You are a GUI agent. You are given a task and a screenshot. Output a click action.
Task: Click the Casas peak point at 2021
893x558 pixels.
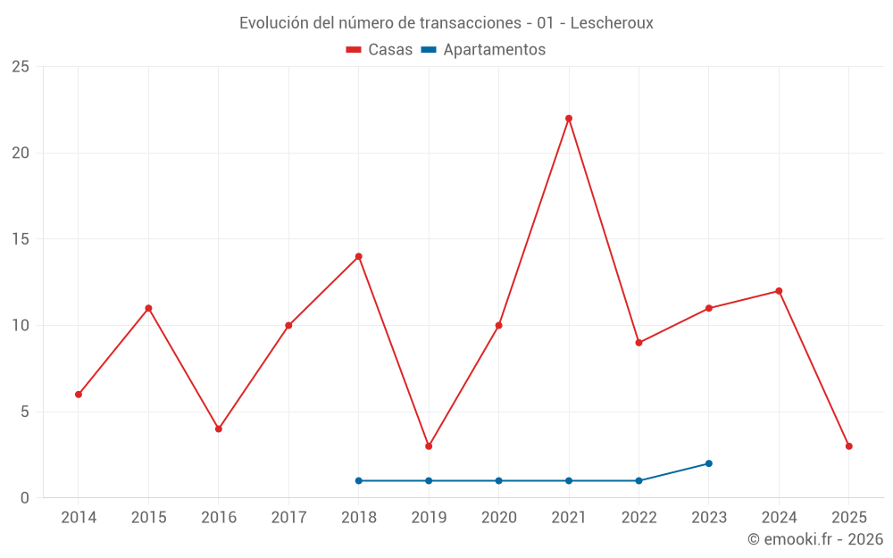pos(569,119)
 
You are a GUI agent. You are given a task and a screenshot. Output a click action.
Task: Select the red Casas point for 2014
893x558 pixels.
pos(79,395)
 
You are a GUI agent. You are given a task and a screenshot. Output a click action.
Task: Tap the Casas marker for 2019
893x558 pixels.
pos(429,446)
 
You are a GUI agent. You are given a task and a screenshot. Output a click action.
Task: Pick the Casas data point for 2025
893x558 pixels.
pos(848,446)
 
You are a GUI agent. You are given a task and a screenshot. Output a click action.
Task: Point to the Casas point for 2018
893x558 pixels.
pos(359,257)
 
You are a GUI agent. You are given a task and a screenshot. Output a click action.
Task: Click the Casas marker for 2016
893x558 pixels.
pos(219,429)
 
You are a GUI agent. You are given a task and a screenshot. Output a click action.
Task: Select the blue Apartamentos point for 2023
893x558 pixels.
pos(709,463)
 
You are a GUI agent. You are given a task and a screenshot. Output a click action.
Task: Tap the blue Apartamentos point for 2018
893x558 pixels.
pos(359,481)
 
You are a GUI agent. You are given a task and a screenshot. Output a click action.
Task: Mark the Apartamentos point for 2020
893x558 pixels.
pos(499,481)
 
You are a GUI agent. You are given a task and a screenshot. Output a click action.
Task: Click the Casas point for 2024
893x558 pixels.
pos(779,291)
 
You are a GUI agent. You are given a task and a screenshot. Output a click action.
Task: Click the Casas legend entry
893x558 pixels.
pos(380,50)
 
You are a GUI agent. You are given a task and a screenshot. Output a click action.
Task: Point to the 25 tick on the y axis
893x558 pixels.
pos(21,67)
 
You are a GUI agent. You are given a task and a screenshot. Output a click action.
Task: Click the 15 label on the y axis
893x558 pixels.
pos(21,239)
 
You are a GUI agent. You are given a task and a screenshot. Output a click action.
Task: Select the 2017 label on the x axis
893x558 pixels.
pos(288,518)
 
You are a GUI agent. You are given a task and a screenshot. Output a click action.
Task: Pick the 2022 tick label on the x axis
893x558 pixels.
pos(638,518)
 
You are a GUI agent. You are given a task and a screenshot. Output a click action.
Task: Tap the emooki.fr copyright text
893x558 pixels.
pos(815,539)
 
